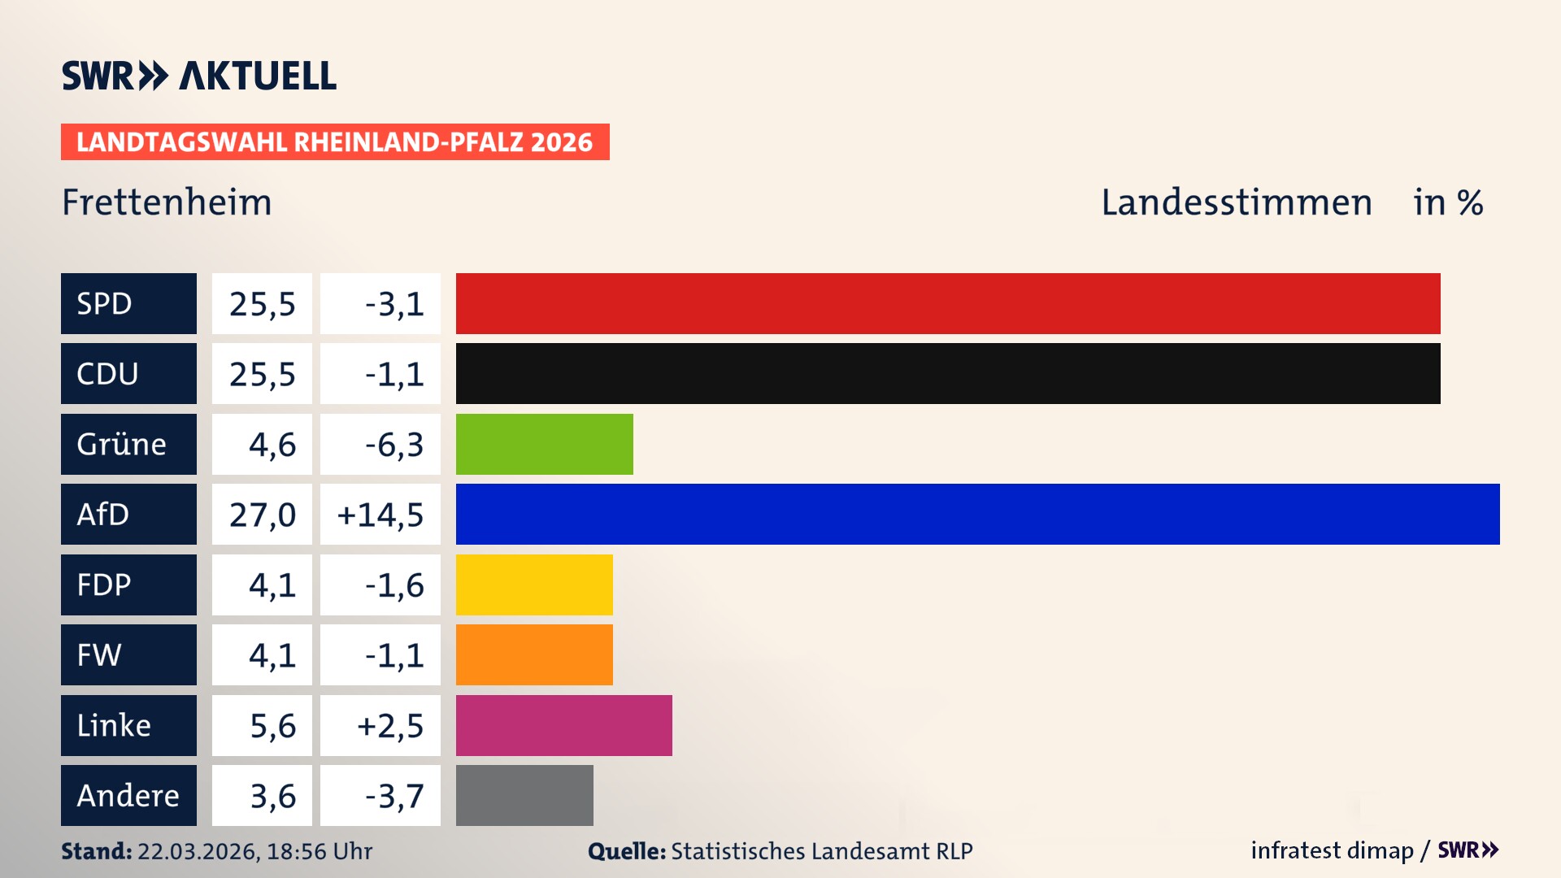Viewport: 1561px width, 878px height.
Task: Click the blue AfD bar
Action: click(x=977, y=514)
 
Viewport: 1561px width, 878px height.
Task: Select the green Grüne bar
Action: click(x=544, y=444)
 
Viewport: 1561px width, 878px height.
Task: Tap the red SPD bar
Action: click(x=948, y=303)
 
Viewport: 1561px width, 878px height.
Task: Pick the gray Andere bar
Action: click(x=524, y=795)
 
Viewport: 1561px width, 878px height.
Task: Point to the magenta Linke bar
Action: click(x=563, y=725)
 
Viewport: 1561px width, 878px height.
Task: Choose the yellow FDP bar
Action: click(x=534, y=585)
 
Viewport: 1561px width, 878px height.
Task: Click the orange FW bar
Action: click(x=534, y=654)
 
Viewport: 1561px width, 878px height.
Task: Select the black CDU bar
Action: click(x=948, y=373)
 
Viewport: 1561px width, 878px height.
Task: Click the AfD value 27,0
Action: click(x=262, y=515)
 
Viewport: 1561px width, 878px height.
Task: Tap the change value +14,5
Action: click(x=380, y=515)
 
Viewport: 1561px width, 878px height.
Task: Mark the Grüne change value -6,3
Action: click(x=394, y=445)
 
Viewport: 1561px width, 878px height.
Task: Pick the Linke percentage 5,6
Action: click(x=272, y=726)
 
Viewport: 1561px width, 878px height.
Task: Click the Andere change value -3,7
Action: click(x=394, y=796)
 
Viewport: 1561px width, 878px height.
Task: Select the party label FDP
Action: click(x=104, y=585)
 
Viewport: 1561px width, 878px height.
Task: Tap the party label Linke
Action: click(x=114, y=725)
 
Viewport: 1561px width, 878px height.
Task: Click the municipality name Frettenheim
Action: click(x=167, y=202)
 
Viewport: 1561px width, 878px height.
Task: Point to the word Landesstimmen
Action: click(x=1236, y=202)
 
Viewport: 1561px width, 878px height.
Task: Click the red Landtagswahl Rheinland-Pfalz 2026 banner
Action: click(x=335, y=142)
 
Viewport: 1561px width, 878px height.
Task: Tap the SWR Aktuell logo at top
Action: click(x=199, y=76)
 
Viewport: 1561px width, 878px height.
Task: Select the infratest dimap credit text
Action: click(x=1332, y=850)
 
